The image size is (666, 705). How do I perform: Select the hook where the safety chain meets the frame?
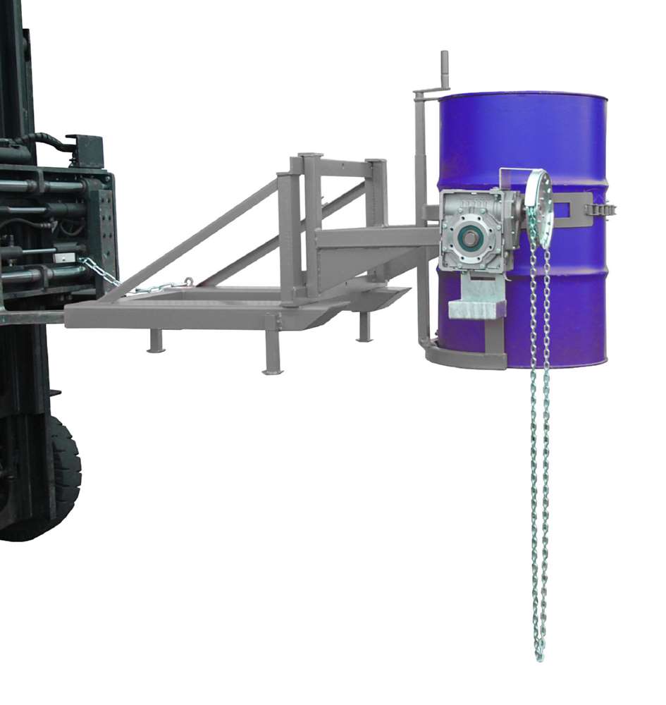[x=187, y=283]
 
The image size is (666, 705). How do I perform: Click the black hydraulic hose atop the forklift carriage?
[x=42, y=141]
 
